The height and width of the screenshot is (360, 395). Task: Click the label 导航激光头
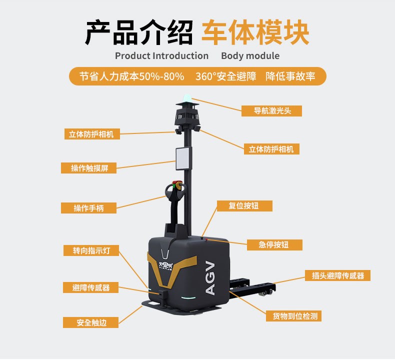pos(271,111)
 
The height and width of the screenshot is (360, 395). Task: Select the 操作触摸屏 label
pos(88,168)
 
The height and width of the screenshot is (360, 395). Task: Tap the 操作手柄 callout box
pos(88,208)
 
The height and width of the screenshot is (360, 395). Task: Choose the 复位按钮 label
pos(244,206)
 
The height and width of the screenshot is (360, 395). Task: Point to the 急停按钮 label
pos(274,245)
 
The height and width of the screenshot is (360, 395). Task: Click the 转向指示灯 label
pos(91,250)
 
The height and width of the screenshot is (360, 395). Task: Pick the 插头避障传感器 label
pos(337,275)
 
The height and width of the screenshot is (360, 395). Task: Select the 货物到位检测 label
pos(293,316)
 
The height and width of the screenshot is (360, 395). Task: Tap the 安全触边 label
pos(90,322)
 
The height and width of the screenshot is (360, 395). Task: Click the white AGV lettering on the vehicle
pos(210,278)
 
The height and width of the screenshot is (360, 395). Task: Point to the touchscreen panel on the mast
pos(183,158)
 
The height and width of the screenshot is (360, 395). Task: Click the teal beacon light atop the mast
pos(187,97)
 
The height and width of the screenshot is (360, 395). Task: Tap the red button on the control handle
pos(175,182)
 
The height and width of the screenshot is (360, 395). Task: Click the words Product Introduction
pos(161,55)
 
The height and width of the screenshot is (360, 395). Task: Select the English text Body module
pos(250,55)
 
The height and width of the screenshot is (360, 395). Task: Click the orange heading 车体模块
pos(255,32)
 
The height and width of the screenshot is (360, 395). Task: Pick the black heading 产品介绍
pos(139,32)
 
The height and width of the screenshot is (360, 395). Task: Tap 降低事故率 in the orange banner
pos(290,76)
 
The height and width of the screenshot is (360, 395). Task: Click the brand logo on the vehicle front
pos(166,266)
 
